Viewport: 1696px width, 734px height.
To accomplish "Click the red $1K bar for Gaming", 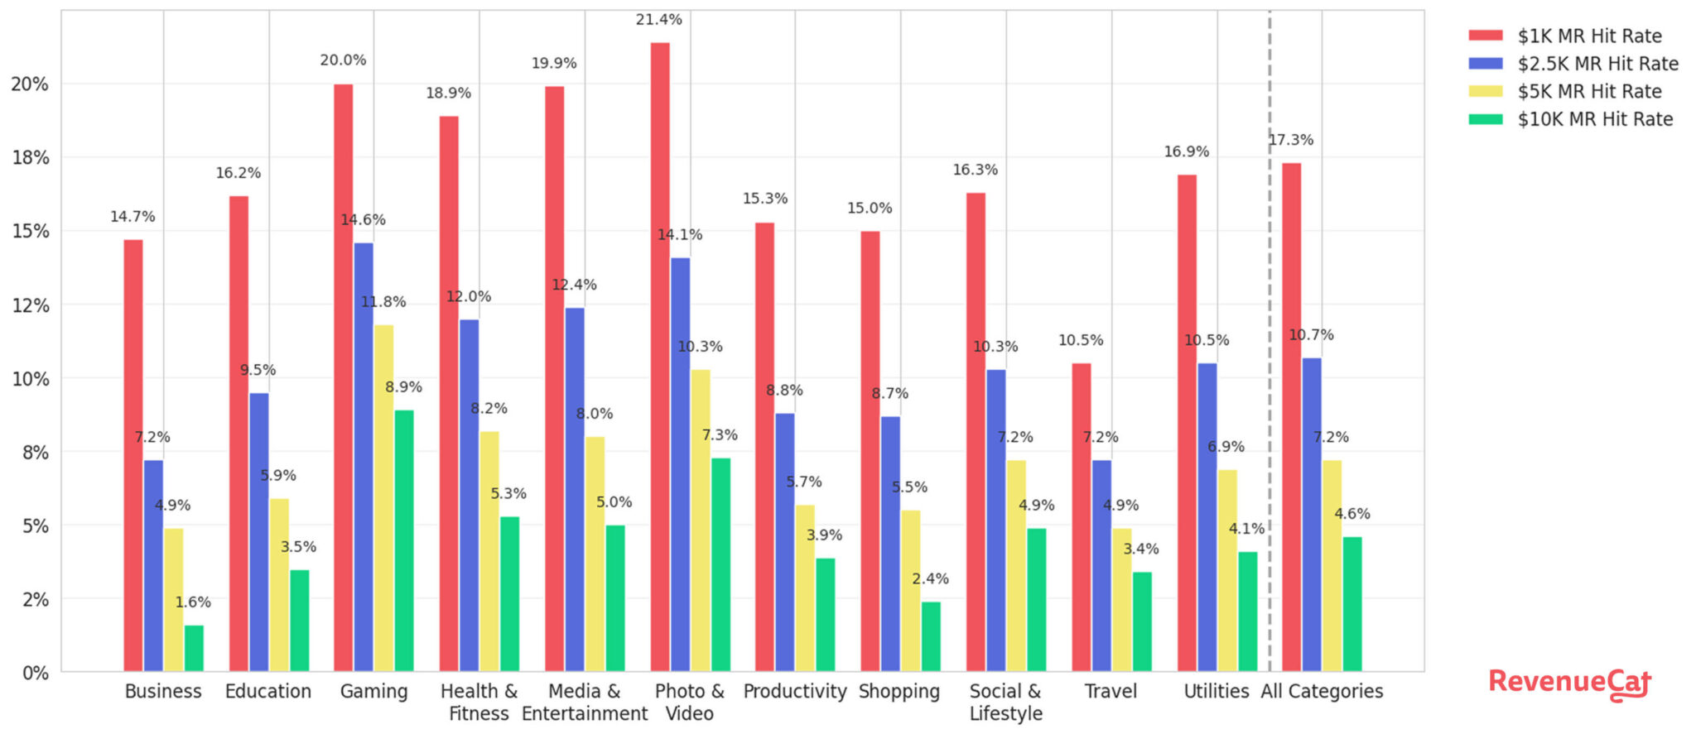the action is [x=343, y=377].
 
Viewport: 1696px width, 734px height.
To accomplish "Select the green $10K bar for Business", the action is [x=194, y=648].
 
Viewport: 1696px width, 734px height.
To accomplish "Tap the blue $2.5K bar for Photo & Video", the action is [x=680, y=464].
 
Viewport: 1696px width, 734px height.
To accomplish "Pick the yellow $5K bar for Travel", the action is [x=1122, y=600].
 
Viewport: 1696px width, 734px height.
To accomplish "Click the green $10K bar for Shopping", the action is [x=932, y=636].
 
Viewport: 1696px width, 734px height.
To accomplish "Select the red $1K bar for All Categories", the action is [x=1292, y=417].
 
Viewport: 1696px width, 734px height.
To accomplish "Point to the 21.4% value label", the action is [x=659, y=19].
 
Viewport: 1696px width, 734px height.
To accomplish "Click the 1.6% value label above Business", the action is [x=193, y=602].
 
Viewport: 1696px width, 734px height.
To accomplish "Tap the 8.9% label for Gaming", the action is [x=403, y=386].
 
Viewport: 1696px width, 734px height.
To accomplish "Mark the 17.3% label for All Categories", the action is [x=1291, y=140].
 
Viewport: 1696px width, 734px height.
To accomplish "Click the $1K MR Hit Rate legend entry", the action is [x=1565, y=36].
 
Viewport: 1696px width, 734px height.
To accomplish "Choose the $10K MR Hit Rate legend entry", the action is [x=1571, y=119].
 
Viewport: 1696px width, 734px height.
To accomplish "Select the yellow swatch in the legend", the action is [x=1486, y=91].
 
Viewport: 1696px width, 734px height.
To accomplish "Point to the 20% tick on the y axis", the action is [x=30, y=84].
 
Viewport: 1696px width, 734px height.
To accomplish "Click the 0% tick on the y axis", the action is [x=36, y=673].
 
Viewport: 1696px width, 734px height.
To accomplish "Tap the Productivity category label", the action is [x=795, y=691].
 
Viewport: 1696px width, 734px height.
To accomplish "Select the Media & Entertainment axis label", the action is [x=585, y=702].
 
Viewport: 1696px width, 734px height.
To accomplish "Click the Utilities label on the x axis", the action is [x=1217, y=691].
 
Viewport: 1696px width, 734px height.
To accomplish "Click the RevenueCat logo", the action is [x=1570, y=684].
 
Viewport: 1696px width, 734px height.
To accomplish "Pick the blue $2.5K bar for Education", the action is [x=259, y=532].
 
